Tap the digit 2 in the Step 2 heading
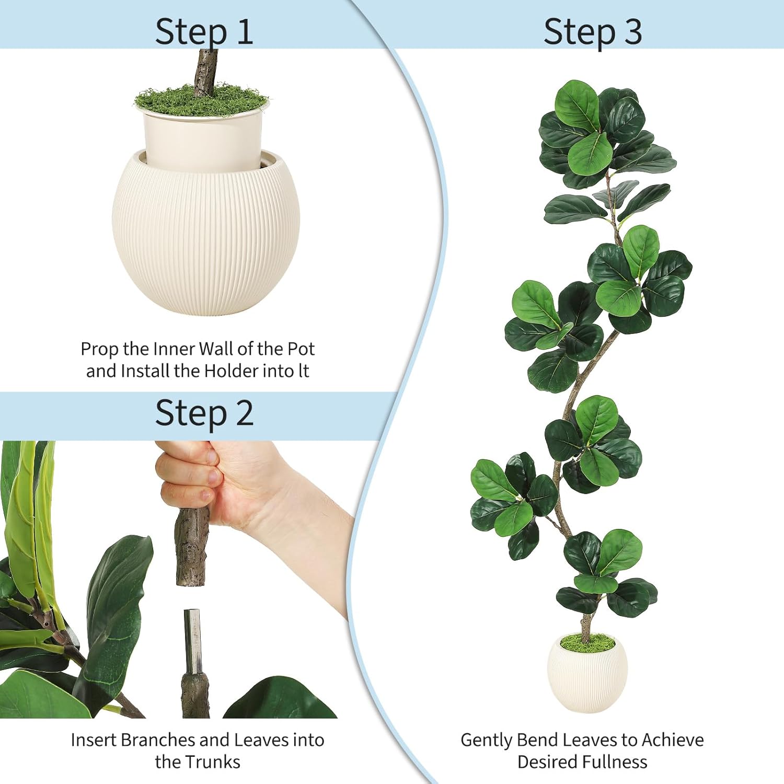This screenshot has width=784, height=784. pos(244,413)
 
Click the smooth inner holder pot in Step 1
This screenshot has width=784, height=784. pos(203,139)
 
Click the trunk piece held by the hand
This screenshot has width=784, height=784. pos(192,549)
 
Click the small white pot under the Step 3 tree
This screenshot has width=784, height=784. pos(586,679)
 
